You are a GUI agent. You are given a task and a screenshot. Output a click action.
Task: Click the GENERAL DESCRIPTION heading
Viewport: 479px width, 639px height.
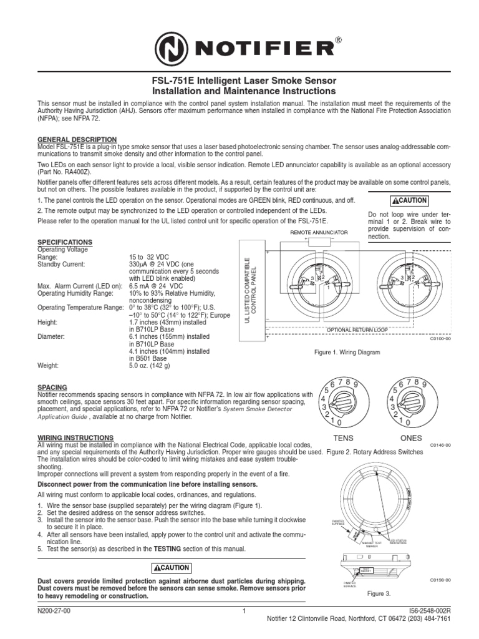click(x=77, y=139)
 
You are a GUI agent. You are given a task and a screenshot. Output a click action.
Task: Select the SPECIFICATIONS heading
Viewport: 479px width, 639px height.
click(x=65, y=241)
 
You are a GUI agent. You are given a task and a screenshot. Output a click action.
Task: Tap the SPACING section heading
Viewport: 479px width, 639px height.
click(x=52, y=387)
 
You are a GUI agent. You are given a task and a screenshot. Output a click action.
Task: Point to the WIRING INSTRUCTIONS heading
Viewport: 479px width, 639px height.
click(x=75, y=437)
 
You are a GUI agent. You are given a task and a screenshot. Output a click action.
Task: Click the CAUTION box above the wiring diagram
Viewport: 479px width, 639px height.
click(x=409, y=200)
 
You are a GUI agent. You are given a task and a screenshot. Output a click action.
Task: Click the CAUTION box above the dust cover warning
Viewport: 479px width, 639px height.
click(x=172, y=568)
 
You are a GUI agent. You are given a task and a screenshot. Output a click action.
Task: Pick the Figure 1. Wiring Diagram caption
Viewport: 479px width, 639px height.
click(x=347, y=353)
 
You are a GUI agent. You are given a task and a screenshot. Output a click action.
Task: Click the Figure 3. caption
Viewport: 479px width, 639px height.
click(x=379, y=593)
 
